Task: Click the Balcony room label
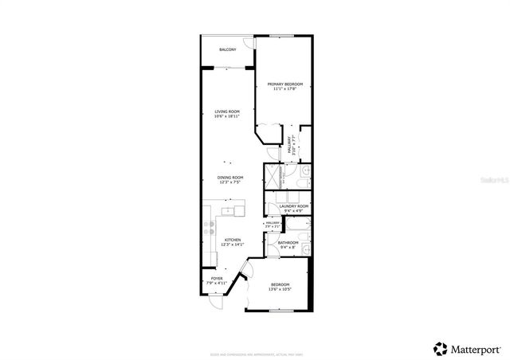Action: pyautogui.click(x=227, y=50)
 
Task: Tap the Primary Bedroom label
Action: pyautogui.click(x=284, y=84)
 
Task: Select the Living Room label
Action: pyautogui.click(x=227, y=112)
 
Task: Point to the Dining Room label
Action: pyautogui.click(x=230, y=177)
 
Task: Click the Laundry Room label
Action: pyautogui.click(x=288, y=206)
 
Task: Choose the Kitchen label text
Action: pyautogui.click(x=232, y=240)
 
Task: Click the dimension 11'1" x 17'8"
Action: pyautogui.click(x=284, y=89)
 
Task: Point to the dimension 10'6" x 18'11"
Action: pyautogui.click(x=227, y=117)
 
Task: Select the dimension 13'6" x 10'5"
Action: pyautogui.click(x=280, y=290)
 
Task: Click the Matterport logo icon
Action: pyautogui.click(x=440, y=348)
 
